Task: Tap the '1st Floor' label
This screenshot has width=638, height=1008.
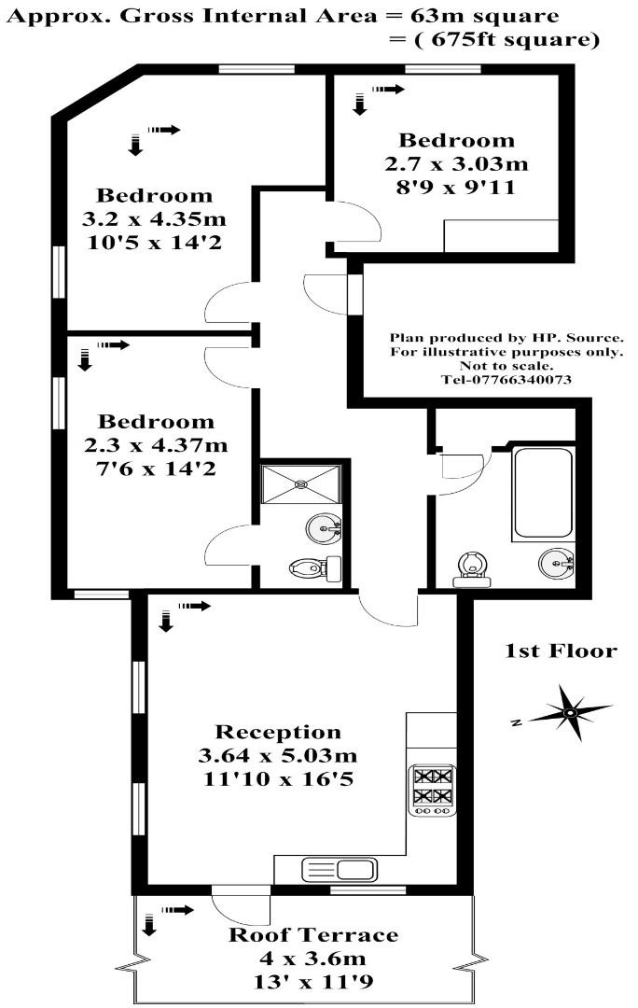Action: click(x=561, y=651)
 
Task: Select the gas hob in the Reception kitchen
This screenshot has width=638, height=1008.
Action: click(x=433, y=785)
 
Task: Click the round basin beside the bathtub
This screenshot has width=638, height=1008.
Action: click(x=557, y=563)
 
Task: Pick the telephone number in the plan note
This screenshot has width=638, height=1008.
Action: click(x=506, y=380)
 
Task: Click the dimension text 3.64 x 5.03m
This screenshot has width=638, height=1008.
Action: click(x=278, y=754)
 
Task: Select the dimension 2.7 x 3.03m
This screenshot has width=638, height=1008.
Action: click(x=456, y=164)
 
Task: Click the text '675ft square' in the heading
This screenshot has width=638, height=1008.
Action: click(x=495, y=40)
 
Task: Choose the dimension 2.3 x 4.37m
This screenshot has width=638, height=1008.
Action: click(x=156, y=445)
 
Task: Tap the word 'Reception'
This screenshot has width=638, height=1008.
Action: click(x=278, y=732)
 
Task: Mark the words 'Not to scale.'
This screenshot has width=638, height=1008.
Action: click(x=506, y=366)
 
